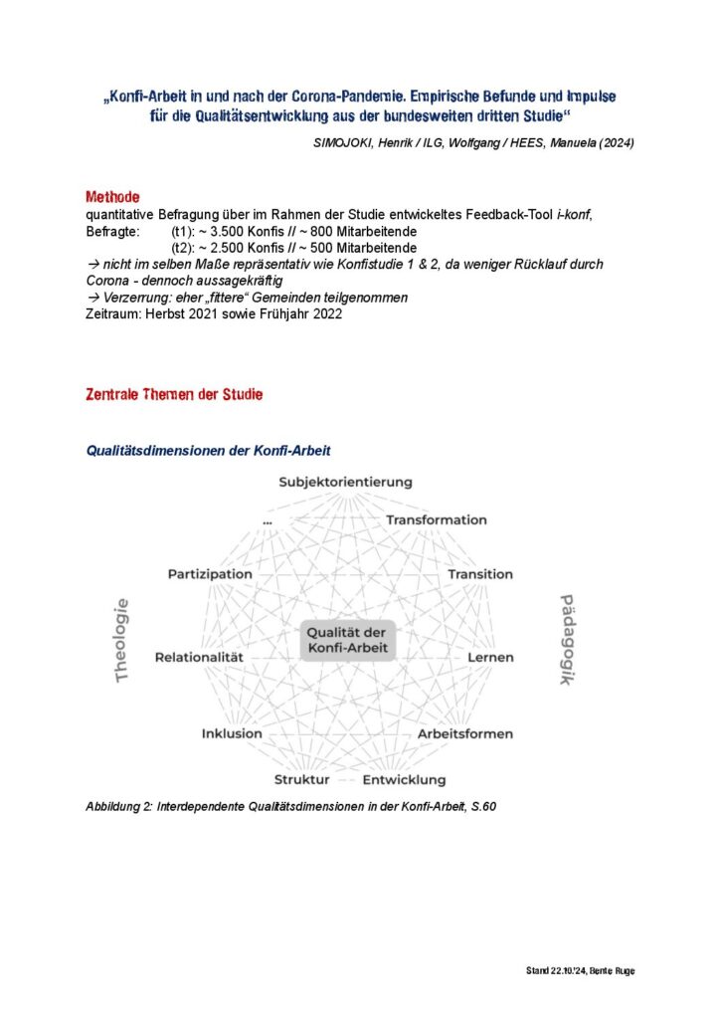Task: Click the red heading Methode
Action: coord(112,197)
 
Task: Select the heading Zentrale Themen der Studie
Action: coord(174,395)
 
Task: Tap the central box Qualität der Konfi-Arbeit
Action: coord(347,641)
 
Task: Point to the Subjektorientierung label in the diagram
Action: coord(345,483)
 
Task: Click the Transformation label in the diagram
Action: coord(436,520)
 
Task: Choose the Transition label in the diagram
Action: coord(480,574)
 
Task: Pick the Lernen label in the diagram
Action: coord(491,658)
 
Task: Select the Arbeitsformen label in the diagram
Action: coord(465,734)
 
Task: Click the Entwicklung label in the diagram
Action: coord(404,780)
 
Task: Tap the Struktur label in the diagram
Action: coord(301,780)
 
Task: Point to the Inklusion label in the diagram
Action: coord(232,734)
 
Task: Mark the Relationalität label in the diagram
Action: coord(199,658)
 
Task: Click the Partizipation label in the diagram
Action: coord(210,574)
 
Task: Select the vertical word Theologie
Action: coord(122,640)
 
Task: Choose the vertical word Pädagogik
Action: coord(568,640)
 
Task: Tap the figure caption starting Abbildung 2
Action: coord(290,807)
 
